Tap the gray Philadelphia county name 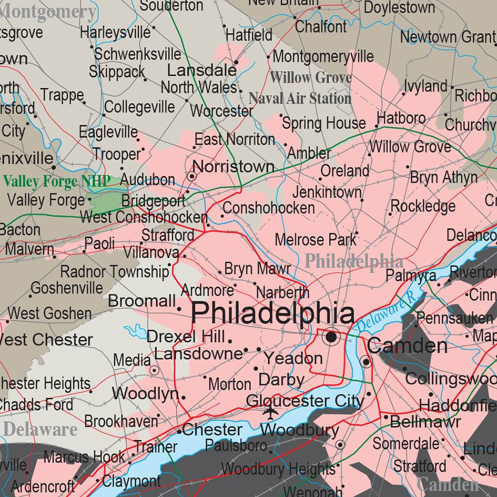[353, 261]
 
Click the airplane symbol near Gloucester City [269, 412]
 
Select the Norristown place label [233, 166]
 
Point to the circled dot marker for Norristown [192, 176]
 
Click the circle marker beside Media [155, 370]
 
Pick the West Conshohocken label [144, 217]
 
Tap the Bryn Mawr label [257, 268]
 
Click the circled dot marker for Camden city [366, 362]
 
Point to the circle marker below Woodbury [340, 445]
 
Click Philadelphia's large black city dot [332, 336]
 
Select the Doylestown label [399, 7]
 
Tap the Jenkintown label [327, 192]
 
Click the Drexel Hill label [186, 336]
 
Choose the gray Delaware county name [40, 429]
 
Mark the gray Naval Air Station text [300, 99]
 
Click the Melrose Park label [315, 239]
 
